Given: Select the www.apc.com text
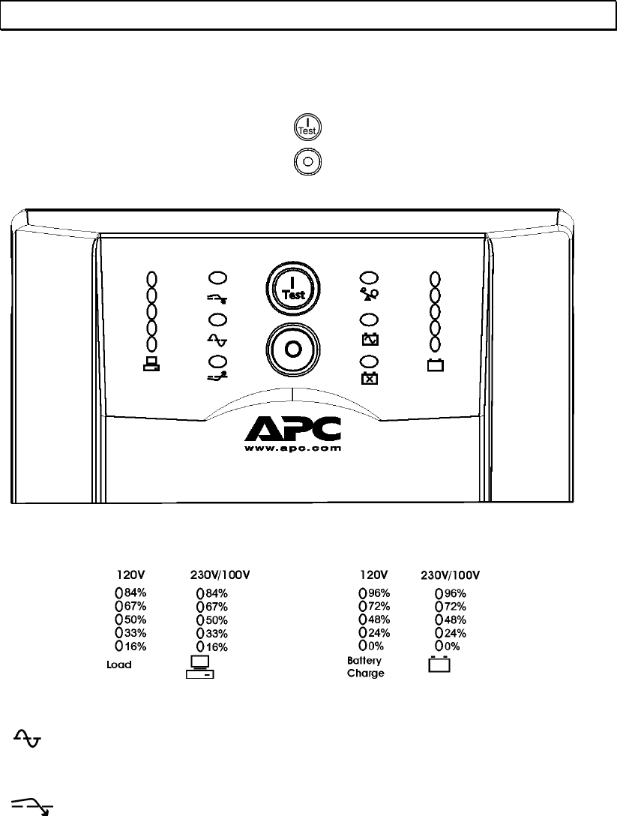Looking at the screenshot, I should coord(293,448).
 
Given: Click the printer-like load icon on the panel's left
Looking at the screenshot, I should coord(151,366).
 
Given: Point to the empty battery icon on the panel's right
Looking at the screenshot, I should coord(435,366).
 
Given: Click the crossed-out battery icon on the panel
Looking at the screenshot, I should coord(369,377).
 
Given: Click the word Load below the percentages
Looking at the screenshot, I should coord(118,665).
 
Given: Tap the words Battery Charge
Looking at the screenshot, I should coord(365,667).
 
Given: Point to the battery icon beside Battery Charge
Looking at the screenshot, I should coord(439,664).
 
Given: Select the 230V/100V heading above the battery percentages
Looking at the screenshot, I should coord(449,575).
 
